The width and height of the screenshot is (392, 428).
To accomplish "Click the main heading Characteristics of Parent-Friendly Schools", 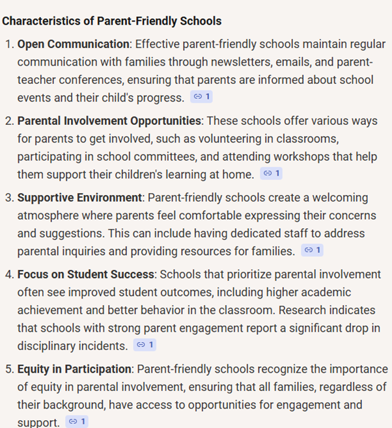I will (111, 21).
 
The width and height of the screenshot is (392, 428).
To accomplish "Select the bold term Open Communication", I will (74, 44).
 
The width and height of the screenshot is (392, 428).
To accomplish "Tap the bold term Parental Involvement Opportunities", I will (109, 121).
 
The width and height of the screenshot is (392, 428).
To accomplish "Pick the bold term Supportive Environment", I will (79, 197).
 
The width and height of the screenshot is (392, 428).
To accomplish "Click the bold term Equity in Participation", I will (74, 369).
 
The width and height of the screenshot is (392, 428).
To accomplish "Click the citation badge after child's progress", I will (201, 97).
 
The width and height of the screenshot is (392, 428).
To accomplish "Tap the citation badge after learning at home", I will (271, 174).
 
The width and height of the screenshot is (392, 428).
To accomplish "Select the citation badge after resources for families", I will (313, 250).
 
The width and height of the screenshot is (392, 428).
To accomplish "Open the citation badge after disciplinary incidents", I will (145, 345).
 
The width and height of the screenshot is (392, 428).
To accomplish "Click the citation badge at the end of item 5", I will (76, 421).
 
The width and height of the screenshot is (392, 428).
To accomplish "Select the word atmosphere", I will (49, 215).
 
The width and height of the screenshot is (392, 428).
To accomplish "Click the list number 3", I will (9, 198).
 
